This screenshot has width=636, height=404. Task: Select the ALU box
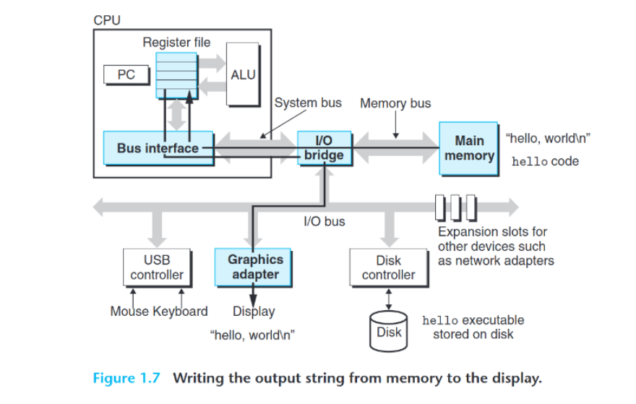coord(243,74)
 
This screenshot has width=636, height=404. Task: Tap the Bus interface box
coord(158,148)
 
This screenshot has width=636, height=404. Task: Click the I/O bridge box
coord(323,147)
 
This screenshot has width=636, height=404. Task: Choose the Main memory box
coord(468,148)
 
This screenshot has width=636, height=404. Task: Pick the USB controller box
coord(157,267)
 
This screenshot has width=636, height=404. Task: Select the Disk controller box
coord(388,267)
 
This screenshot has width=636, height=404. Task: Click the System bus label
coord(308,103)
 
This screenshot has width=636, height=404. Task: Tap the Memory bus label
coord(395,103)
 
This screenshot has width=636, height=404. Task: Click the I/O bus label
coord(325,221)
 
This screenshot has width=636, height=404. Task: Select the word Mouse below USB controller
coord(129,311)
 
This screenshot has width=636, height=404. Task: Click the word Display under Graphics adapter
coord(254,311)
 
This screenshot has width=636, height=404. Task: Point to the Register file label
coord(176,42)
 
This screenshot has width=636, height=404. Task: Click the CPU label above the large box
coord(107,20)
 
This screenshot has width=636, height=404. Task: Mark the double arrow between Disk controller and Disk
coord(389,298)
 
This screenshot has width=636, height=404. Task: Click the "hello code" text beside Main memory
coord(545,161)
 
